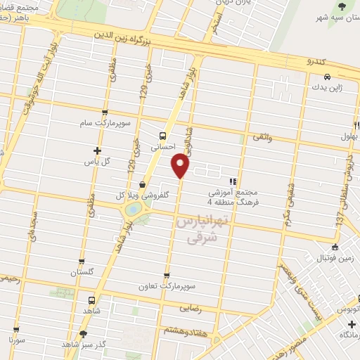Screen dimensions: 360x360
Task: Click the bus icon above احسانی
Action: (163, 136)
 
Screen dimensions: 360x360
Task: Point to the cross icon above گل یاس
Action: (97, 150)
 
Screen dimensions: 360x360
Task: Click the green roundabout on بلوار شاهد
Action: (133, 209)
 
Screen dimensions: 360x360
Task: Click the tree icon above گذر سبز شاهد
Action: (84, 334)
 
